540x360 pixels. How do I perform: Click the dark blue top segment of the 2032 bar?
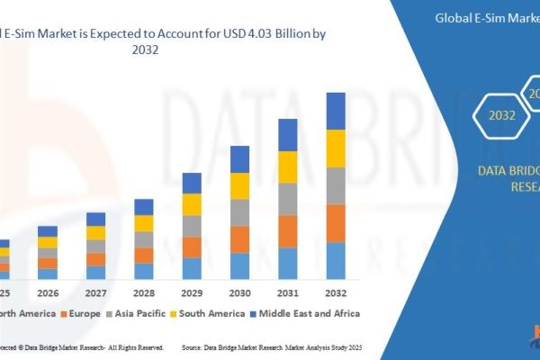pyautogui.click(x=335, y=111)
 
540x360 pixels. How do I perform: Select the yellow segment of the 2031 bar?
pyautogui.click(x=287, y=167)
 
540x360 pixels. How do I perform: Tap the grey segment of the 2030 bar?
pyautogui.click(x=239, y=212)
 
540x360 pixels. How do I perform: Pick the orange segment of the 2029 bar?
pyautogui.click(x=192, y=247)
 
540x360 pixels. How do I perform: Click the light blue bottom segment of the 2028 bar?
pyautogui.click(x=144, y=270)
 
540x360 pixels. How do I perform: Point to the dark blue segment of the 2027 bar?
pyautogui.click(x=95, y=219)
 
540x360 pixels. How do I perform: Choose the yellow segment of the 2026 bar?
pyautogui.click(x=48, y=242)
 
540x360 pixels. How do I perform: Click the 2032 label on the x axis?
pyautogui.click(x=335, y=292)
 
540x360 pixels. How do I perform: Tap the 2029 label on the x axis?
pyautogui.click(x=192, y=292)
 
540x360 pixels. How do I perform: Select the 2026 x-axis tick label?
pyautogui.click(x=48, y=292)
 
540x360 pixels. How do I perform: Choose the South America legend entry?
pyautogui.click(x=208, y=313)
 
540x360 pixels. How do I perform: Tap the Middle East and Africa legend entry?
pyautogui.click(x=310, y=313)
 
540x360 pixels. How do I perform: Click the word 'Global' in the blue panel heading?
pyautogui.click(x=453, y=16)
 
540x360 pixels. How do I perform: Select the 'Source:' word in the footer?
pyautogui.click(x=194, y=346)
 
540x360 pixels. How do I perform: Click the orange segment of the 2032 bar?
pyautogui.click(x=335, y=223)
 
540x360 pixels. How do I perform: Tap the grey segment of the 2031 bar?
pyautogui.click(x=287, y=199)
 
